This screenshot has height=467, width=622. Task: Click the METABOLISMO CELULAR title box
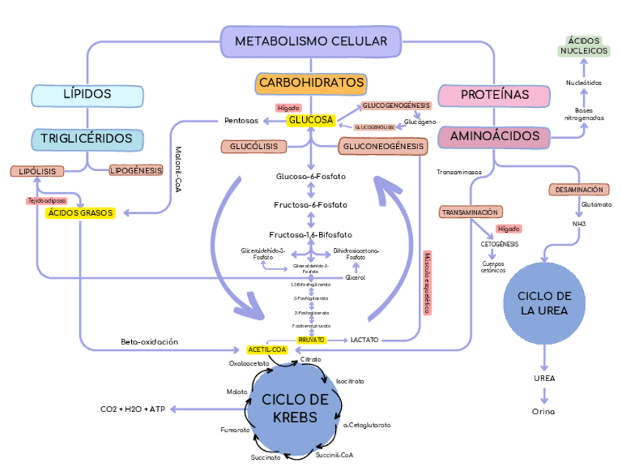pos(311,41)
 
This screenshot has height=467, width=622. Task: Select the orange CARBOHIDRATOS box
pos(311,84)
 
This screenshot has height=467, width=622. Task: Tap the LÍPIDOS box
pos(87,94)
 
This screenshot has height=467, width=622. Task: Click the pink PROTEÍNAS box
pos(494,95)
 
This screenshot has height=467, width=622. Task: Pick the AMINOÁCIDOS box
pos(494,137)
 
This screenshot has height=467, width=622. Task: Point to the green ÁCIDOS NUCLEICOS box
pos(584,46)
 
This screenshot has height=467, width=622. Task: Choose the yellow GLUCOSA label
pos(311,120)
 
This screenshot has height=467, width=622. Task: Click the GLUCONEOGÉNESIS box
pos(382,147)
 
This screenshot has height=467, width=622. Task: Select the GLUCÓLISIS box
pos(254,147)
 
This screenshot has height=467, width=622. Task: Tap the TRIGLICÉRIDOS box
pos(87,139)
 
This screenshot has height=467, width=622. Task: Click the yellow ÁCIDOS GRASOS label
pos(81,213)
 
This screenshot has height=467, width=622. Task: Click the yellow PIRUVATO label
pos(312,340)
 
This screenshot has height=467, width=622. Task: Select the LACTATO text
pos(364,340)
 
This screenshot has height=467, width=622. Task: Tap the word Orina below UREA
pos(544,411)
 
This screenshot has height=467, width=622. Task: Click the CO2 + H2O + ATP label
pos(133,408)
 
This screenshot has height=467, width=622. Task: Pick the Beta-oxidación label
pos(150,342)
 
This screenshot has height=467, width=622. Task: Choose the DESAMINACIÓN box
pos(579,189)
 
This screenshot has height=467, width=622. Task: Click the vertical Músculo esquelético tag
pos(427,283)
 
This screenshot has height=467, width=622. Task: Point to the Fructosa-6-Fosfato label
pos(311,205)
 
